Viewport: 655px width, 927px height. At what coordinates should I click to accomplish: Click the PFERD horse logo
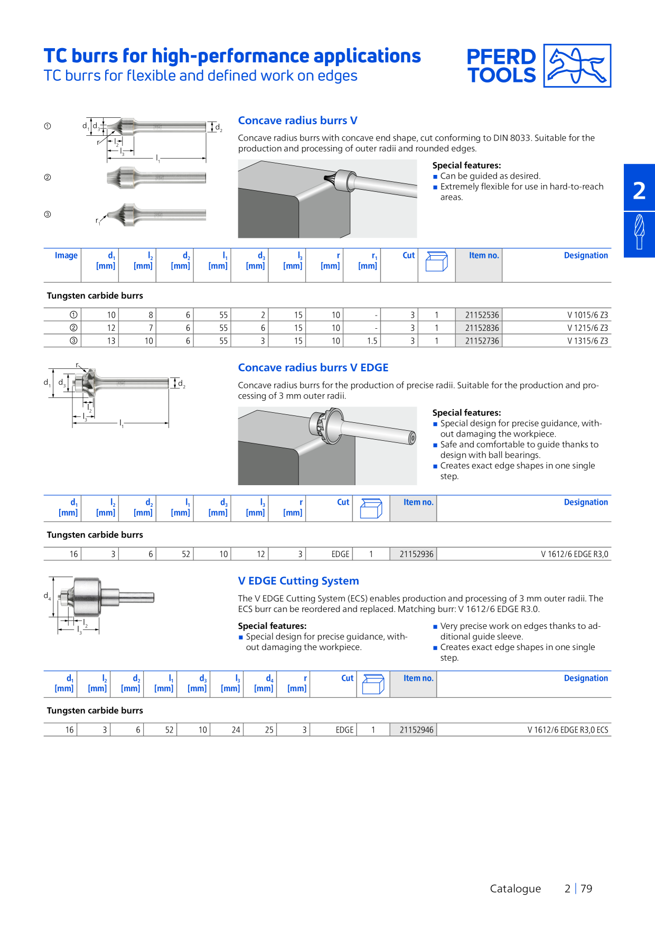coord(577,66)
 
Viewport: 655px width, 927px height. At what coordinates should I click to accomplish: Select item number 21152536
coord(482,315)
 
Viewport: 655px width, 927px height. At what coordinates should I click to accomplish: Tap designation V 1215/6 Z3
coord(587,328)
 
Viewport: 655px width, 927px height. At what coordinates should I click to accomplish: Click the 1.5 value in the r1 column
coord(372,341)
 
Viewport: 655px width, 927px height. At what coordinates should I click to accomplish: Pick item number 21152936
coord(416,554)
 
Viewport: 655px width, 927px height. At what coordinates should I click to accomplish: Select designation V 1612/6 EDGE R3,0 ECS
coord(568,730)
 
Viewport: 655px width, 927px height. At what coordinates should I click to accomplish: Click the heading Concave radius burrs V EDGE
coord(313,368)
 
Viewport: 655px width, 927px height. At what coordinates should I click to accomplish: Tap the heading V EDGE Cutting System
coord(298,581)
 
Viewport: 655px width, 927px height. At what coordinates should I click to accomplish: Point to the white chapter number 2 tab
coord(639,190)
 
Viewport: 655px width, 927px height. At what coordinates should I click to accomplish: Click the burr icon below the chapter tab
coord(639,231)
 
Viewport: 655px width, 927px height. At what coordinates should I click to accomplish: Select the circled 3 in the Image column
coord(73,341)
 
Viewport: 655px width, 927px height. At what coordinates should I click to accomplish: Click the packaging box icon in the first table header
coord(436,261)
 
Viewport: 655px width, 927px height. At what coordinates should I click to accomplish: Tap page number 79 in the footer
coord(586,889)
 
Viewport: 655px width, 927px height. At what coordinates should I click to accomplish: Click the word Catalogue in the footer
coord(515,889)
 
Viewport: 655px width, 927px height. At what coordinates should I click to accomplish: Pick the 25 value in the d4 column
coord(269,730)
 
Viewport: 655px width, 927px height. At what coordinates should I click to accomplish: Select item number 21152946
coord(416,730)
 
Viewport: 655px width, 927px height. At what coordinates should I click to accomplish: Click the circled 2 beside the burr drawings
coord(48,178)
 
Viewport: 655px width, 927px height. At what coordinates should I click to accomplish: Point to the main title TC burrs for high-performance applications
coord(232,56)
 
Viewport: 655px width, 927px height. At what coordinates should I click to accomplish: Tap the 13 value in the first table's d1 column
coord(111,341)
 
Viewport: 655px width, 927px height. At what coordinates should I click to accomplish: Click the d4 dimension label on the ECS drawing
coord(47,596)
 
